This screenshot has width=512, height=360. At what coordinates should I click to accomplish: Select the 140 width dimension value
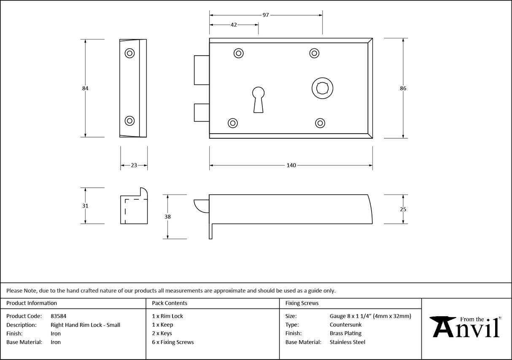coord(291,165)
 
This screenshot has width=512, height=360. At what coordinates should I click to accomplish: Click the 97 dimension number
coord(266,15)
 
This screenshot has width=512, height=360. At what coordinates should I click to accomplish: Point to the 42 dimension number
coord(234,25)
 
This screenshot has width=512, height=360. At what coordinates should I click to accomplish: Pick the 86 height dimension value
coord(403,89)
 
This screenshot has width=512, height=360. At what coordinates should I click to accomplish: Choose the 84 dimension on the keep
coord(86,89)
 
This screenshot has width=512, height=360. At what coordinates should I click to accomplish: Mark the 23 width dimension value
coord(134,165)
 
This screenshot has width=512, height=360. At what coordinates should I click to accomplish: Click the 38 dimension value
coord(168,217)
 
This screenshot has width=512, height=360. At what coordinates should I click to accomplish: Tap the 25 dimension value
coord(403,209)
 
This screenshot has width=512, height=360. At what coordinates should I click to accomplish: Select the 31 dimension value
coord(86,206)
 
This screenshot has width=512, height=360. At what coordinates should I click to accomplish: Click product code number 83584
coord(58,316)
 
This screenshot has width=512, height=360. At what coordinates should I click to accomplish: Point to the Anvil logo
coord(466,327)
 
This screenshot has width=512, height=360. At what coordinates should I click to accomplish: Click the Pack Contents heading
coord(170,303)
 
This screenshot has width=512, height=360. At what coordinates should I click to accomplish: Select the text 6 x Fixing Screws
coord(173,342)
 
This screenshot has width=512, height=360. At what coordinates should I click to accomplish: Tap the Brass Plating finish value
coord(345,333)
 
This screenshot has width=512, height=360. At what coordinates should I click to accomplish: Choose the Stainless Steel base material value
coord(348,342)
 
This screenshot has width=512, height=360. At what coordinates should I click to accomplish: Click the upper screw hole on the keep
coord(129,54)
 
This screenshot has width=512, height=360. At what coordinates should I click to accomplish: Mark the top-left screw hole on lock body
coord(239,53)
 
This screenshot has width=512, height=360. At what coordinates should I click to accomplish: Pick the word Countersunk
coord(345,325)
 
